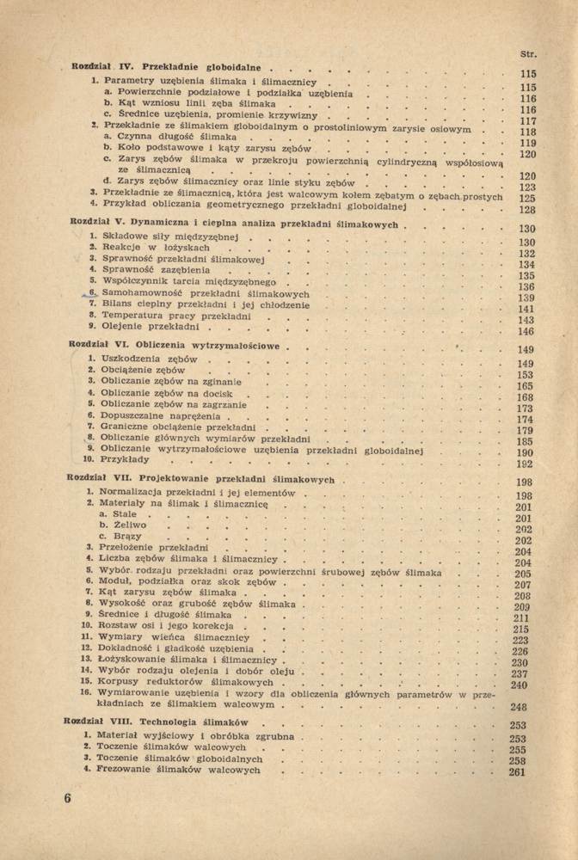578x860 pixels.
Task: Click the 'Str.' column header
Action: pos(529,56)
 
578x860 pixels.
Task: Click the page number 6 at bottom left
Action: pos(67,798)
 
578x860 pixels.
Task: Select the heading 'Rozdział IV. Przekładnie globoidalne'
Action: pos(169,66)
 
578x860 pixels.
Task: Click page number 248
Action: pos(518,707)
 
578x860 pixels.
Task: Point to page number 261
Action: pos(517,772)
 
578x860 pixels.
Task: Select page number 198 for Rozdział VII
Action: pos(524,483)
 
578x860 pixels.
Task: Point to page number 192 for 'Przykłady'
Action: pos(525,464)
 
